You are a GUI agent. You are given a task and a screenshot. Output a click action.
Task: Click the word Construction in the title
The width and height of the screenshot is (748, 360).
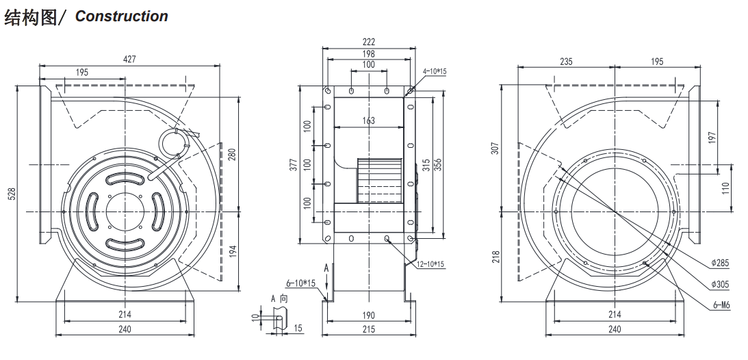(122, 16)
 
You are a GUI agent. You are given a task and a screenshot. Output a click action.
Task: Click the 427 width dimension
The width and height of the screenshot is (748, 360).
(130, 59)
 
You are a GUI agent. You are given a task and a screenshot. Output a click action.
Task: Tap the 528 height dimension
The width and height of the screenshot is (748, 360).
(13, 193)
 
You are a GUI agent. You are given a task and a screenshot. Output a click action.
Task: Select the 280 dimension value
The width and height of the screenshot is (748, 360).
(232, 155)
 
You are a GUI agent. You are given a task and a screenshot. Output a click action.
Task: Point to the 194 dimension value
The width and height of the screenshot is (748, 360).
(233, 251)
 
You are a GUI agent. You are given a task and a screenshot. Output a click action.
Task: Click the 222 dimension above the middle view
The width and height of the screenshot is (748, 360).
(369, 42)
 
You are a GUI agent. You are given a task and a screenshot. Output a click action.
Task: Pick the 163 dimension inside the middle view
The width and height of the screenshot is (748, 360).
(369, 120)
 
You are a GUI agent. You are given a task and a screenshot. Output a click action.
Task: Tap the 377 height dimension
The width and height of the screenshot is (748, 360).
(294, 164)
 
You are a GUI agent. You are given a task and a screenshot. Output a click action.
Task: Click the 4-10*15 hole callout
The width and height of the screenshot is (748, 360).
(435, 72)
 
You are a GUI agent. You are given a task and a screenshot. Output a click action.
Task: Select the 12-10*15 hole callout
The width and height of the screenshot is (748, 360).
(430, 264)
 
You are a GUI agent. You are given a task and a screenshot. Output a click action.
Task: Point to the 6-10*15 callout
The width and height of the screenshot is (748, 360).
(302, 283)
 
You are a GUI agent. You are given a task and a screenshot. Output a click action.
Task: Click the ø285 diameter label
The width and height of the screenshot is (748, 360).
(720, 263)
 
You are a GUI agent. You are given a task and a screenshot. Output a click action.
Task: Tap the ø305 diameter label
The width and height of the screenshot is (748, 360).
(720, 284)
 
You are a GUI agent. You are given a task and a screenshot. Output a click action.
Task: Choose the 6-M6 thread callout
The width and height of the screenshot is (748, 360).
(721, 306)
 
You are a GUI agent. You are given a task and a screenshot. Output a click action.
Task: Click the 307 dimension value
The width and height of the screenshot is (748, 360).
(495, 149)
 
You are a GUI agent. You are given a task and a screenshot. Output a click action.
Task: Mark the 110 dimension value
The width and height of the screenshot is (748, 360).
(725, 188)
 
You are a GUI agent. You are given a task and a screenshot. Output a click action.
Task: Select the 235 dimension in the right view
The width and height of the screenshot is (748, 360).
(566, 61)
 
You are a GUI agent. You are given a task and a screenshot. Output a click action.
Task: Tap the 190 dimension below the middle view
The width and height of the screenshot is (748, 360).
(369, 316)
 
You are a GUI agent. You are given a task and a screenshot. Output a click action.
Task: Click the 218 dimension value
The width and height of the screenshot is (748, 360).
(495, 257)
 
